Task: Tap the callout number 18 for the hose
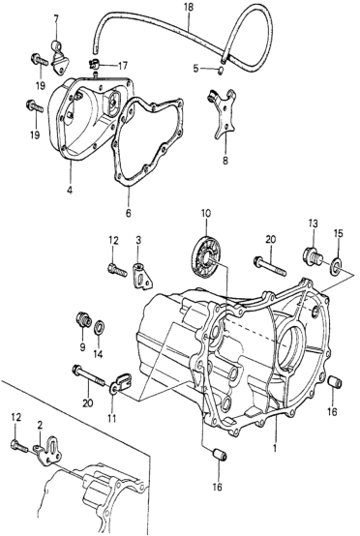coord(189,8)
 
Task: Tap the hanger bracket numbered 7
coord(59,57)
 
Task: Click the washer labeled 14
coord(100,327)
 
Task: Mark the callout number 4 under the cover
coord(70,191)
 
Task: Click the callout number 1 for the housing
coord(274,448)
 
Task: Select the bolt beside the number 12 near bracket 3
coord(118,269)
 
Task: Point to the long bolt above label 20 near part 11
coord(88,375)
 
